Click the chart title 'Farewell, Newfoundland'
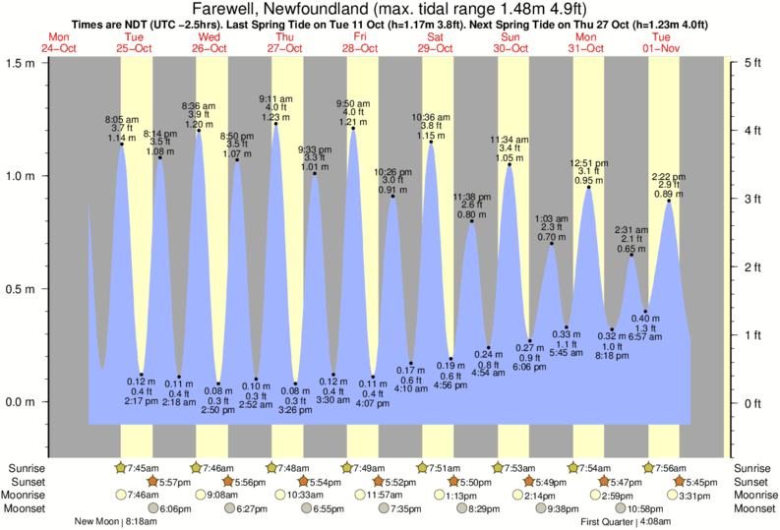tap(325, 9)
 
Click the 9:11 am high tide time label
tap(275, 98)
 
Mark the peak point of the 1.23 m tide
tap(275, 124)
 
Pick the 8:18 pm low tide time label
tap(612, 357)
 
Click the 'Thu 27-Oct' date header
tap(285, 42)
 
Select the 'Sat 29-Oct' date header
tap(436, 42)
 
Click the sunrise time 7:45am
tap(143, 468)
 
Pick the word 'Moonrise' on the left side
tap(29, 496)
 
